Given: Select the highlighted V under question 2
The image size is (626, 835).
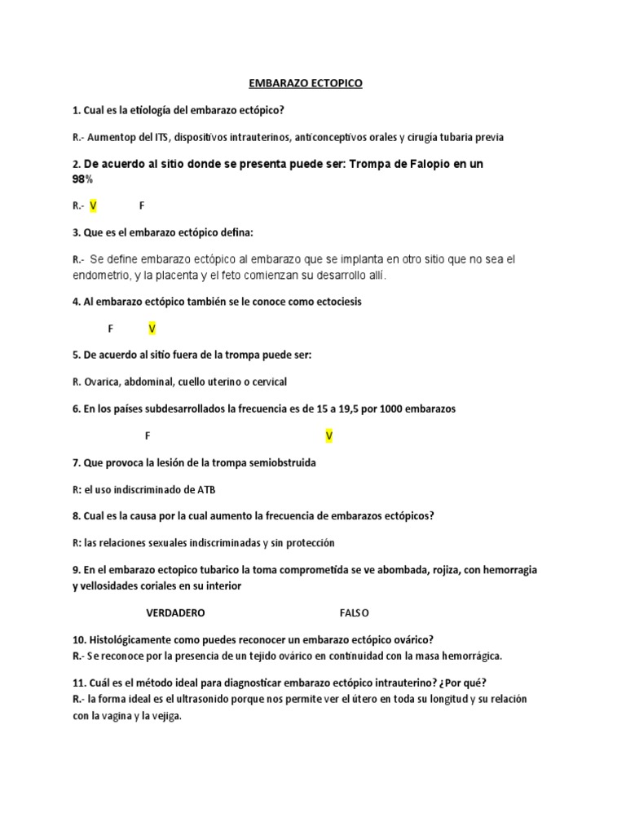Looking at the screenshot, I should tap(93, 206).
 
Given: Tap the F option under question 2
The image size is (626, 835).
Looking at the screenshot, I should tap(142, 206).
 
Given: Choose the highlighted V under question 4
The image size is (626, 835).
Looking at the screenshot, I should tap(152, 329).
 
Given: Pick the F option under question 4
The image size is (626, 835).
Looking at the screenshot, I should tap(111, 329).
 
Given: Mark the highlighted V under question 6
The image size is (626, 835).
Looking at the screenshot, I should tap(329, 436).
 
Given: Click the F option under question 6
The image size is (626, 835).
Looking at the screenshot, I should tap(148, 436).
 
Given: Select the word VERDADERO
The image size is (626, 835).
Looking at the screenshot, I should tap(175, 612).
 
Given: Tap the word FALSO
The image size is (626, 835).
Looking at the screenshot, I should tap(355, 612).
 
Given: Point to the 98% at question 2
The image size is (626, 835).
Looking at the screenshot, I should tap(83, 179).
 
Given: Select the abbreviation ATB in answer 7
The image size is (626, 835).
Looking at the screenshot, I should tap(206, 489).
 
